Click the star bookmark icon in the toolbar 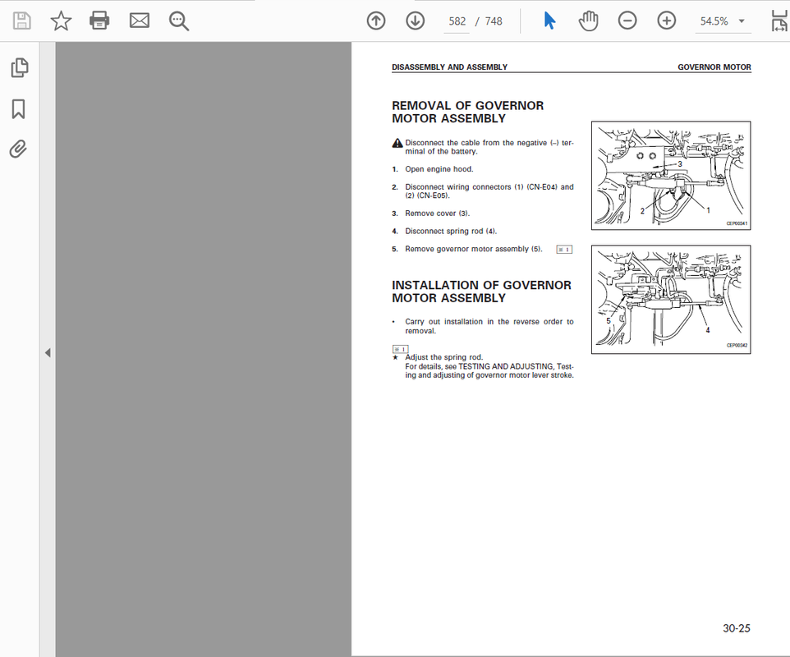[61, 21]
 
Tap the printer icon [99, 21]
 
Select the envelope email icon [139, 21]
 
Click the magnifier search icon [179, 21]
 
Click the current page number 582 [457, 21]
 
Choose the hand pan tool [588, 21]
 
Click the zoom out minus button [627, 21]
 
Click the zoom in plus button [667, 21]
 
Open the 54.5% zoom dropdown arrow [742, 21]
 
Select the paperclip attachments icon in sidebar [19, 149]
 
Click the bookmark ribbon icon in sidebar [19, 109]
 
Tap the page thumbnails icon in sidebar [20, 68]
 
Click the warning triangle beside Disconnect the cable [397, 143]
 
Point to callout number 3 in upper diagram [680, 163]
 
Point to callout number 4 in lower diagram [707, 330]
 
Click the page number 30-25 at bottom [737, 628]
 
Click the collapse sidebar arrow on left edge [48, 352]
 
